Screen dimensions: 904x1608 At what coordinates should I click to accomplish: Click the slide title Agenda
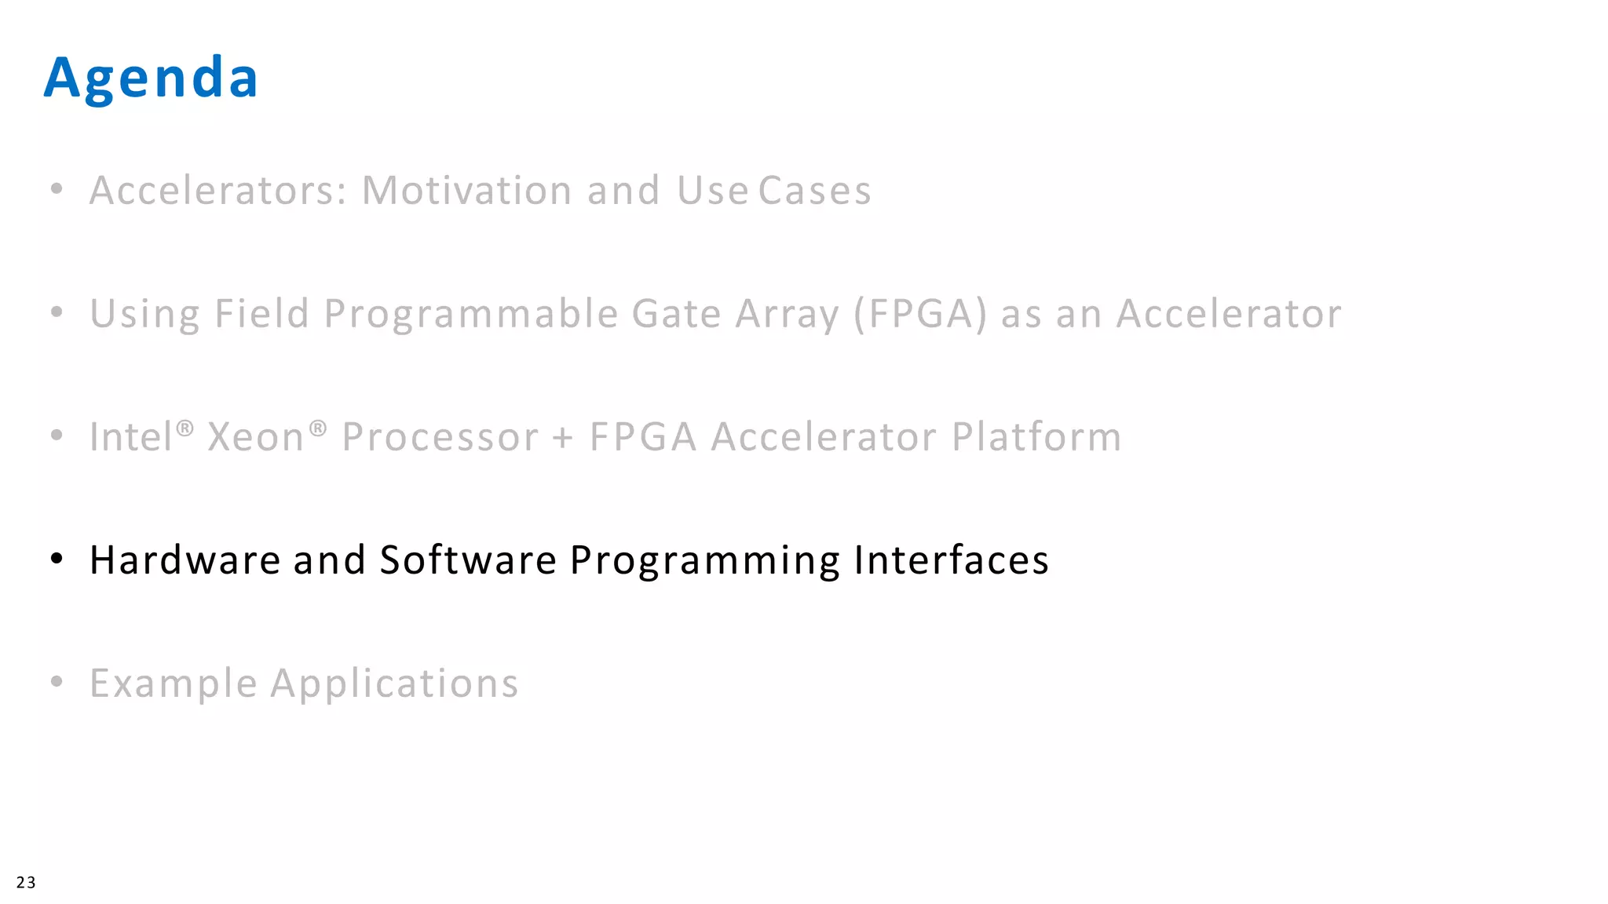point(151,78)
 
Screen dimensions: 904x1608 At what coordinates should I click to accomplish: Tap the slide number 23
point(26,882)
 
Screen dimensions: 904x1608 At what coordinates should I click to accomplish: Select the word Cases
point(814,191)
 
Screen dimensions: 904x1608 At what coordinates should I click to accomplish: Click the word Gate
point(676,314)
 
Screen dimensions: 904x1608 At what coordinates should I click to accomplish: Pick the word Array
point(787,314)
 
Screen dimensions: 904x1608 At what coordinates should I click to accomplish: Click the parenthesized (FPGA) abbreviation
point(919,314)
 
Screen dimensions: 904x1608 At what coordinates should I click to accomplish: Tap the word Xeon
point(255,437)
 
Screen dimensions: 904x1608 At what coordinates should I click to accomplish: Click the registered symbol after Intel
point(185,428)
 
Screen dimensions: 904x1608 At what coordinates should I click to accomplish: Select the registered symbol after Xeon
point(317,428)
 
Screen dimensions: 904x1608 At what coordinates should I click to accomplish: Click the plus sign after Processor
point(562,438)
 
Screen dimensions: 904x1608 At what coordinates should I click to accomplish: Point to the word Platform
point(1036,437)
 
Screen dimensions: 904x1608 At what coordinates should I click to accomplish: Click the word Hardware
point(185,560)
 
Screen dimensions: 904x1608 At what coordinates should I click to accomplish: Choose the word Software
point(468,560)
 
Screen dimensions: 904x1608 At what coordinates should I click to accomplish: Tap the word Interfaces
point(951,560)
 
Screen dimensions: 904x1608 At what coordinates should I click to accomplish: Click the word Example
point(174,683)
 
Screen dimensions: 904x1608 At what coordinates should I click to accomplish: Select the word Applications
point(394,683)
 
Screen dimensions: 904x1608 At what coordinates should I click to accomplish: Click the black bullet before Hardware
point(57,559)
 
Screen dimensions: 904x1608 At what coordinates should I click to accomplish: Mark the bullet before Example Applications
point(57,682)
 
